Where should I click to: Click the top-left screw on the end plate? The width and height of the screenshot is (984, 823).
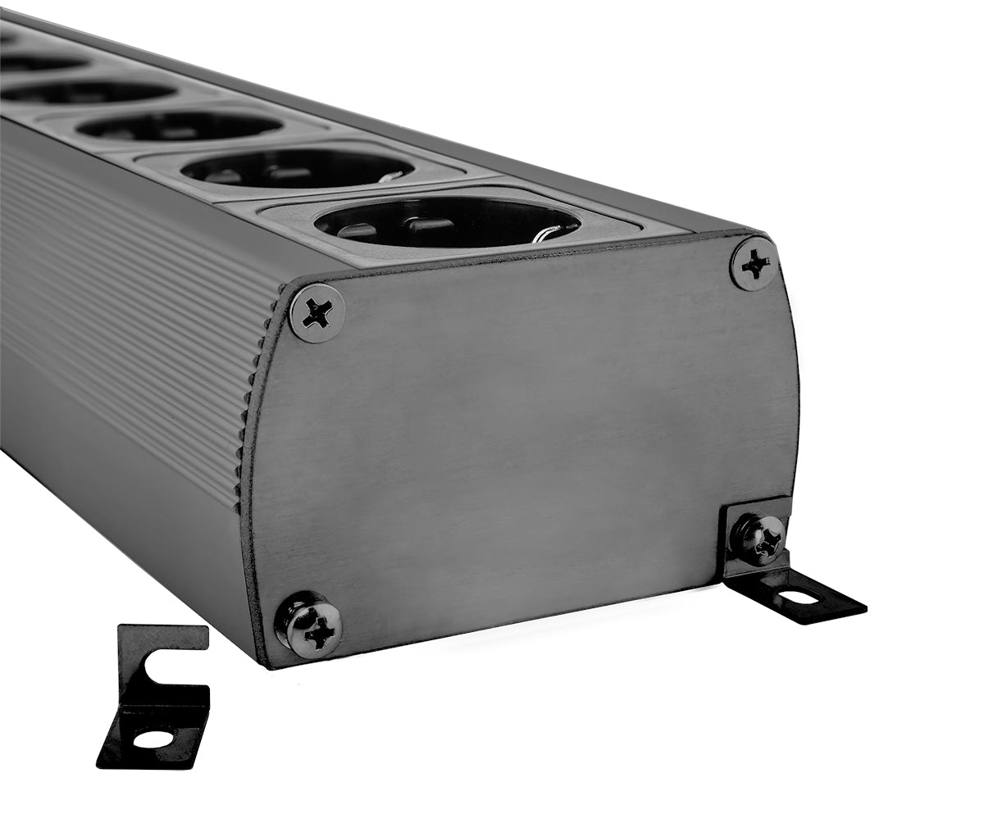tap(317, 312)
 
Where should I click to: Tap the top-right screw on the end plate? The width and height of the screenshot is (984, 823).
tap(754, 264)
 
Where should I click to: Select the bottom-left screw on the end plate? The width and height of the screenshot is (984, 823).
tap(309, 626)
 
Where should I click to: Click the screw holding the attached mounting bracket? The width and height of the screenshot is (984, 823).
tap(758, 539)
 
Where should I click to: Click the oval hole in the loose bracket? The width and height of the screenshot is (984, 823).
tap(153, 739)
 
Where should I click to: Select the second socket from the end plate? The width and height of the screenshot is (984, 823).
tap(297, 168)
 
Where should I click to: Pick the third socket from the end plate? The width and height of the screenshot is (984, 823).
tap(180, 126)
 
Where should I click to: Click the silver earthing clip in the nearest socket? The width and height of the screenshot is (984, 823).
tap(544, 235)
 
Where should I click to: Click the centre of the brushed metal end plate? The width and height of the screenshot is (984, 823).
tap(525, 443)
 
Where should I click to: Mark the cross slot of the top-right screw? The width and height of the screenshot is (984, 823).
tap(754, 264)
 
